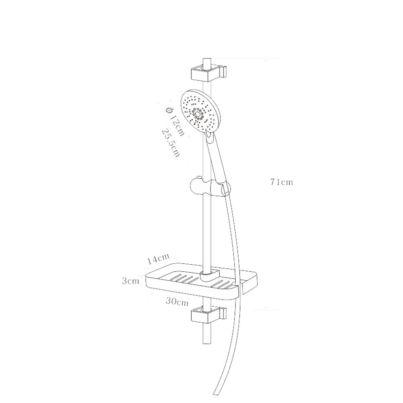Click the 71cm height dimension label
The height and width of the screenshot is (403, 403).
pyautogui.click(x=282, y=182)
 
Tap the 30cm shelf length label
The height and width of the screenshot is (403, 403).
pyautogui.click(x=177, y=302)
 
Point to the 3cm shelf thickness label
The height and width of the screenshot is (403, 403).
pyautogui.click(x=130, y=281)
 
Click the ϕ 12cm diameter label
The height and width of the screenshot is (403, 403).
pyautogui.click(x=175, y=121)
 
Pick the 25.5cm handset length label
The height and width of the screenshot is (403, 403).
pyautogui.click(x=171, y=143)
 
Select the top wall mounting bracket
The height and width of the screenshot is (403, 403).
pyautogui.click(x=209, y=73)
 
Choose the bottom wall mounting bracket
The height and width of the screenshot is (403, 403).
pyautogui.click(x=209, y=315)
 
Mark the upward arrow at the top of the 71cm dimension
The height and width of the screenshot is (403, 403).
pyautogui.click(x=266, y=60)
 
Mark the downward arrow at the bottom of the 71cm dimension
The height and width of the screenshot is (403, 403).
pyautogui.click(x=266, y=308)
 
